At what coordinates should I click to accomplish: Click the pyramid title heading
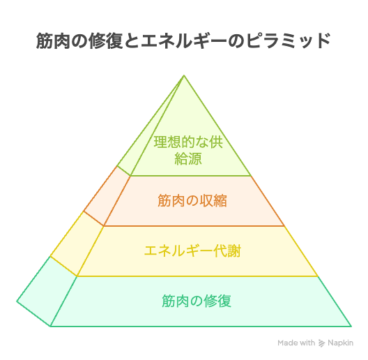click(x=183, y=41)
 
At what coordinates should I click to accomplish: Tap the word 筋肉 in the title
click(x=53, y=41)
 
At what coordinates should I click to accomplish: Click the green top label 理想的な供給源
click(x=188, y=151)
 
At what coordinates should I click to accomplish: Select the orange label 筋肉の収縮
click(x=192, y=200)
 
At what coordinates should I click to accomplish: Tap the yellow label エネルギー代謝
click(x=192, y=250)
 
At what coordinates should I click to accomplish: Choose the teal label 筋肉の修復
click(x=197, y=301)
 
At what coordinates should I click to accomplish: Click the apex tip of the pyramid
click(x=184, y=75)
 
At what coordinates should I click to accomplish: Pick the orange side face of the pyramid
click(x=107, y=196)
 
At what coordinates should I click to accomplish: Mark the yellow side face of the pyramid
click(x=77, y=244)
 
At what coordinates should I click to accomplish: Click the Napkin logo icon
click(x=321, y=343)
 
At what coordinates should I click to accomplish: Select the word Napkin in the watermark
click(x=340, y=343)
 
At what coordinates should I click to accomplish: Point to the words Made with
click(x=296, y=343)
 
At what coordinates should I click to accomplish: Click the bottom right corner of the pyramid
click(x=351, y=326)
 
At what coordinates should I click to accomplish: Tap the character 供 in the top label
click(x=216, y=142)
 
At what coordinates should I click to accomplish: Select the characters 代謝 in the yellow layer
click(x=227, y=250)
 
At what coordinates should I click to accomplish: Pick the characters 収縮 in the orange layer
click(x=213, y=200)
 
